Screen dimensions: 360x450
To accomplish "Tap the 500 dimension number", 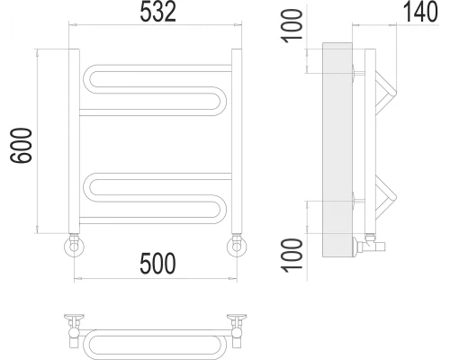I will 157,262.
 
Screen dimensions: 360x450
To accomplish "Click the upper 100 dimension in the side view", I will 288,27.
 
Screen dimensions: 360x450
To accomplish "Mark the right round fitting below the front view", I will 237,245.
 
